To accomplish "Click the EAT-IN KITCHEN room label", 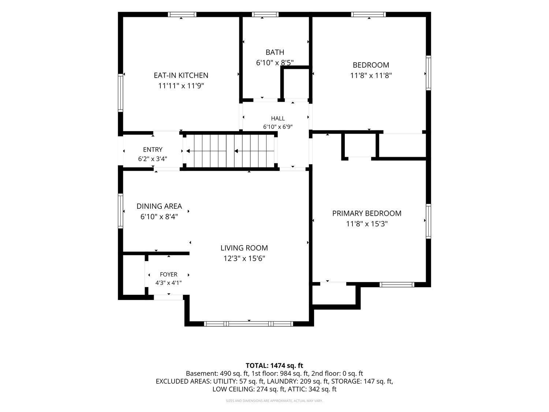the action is click(181, 75).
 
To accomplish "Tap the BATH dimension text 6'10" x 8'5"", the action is click(274, 63).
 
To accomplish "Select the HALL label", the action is click(278, 118).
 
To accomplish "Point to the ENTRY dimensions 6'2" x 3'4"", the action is click(153, 159).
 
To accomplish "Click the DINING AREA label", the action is click(159, 206).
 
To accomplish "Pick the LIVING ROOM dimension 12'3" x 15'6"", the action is click(244, 259).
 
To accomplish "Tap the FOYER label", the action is click(169, 274).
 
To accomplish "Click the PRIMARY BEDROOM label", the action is click(367, 214).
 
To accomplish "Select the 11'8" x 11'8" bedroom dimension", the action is click(371, 75).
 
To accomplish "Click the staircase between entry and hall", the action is click(230, 151).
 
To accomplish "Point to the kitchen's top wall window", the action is click(182, 15).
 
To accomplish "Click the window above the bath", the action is click(265, 15).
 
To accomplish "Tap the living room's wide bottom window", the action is click(249, 324).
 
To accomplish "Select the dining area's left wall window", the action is click(120, 211).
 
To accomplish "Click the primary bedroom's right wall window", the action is click(429, 221).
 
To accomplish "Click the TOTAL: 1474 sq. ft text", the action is click(274, 366).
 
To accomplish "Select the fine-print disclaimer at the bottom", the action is click(274, 401).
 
